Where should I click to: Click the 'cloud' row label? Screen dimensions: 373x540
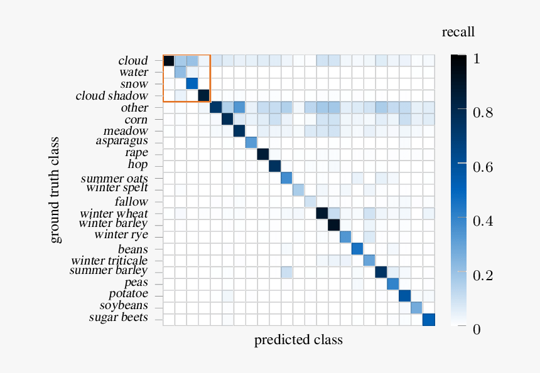click(x=132, y=61)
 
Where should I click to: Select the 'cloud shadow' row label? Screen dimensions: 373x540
click(x=112, y=96)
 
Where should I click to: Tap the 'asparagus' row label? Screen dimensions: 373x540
click(x=122, y=141)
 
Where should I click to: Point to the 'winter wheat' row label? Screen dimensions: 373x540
click(x=114, y=213)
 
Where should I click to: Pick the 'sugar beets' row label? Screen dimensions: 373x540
click(x=118, y=318)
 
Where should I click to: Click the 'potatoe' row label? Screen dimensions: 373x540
click(x=128, y=294)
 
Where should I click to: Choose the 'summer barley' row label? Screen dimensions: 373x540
click(x=108, y=271)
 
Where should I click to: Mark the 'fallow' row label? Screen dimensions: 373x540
click(x=131, y=202)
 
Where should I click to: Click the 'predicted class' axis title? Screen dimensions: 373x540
click(x=298, y=340)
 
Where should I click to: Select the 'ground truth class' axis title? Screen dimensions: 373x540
click(x=56, y=189)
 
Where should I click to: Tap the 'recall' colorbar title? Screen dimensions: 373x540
click(x=458, y=32)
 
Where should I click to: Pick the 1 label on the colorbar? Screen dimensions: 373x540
click(x=477, y=59)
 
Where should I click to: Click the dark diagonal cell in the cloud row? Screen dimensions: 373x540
click(x=168, y=61)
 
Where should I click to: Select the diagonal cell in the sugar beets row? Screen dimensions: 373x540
click(x=428, y=319)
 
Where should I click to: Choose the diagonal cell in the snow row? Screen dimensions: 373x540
click(x=192, y=83)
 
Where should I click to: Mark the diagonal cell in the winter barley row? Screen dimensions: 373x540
click(x=333, y=224)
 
